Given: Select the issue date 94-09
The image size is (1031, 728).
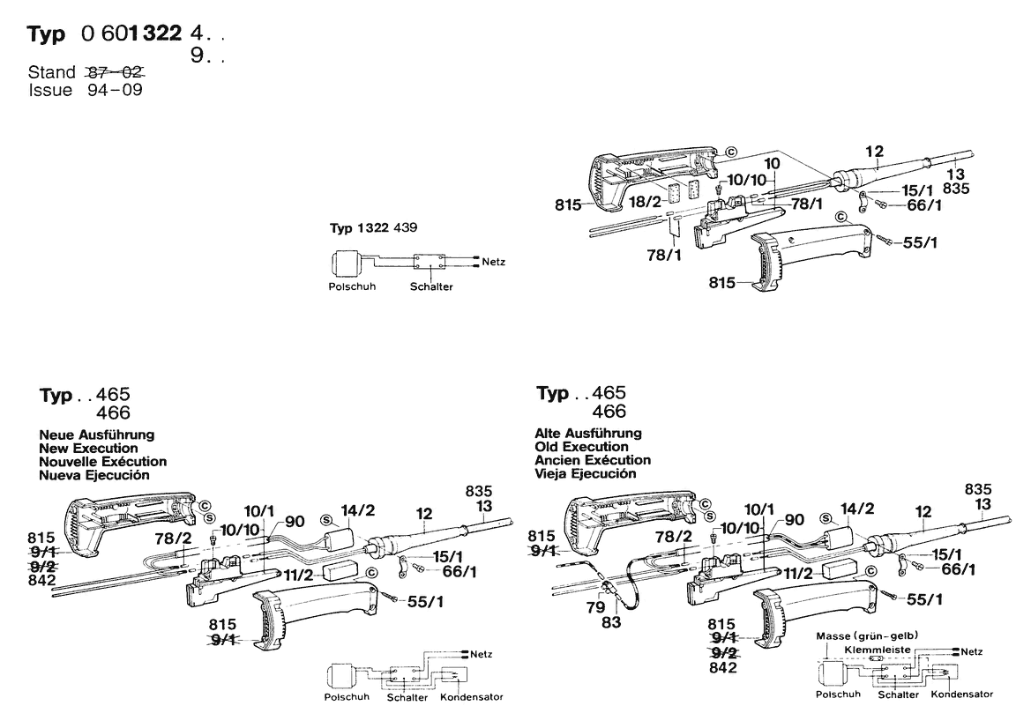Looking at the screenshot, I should tap(115, 90).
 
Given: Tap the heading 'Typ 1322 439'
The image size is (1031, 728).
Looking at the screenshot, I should tap(374, 227).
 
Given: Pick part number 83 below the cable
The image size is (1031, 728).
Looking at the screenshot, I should tap(610, 622).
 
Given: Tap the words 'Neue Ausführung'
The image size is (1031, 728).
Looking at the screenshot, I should tap(97, 435).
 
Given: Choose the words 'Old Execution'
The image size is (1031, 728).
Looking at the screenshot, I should tap(581, 447).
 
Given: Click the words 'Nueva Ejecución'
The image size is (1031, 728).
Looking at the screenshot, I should tap(94, 474).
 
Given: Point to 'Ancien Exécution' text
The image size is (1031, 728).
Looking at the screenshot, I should tap(593, 460).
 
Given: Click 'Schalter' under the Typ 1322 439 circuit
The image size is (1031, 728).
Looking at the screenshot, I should tap(431, 287).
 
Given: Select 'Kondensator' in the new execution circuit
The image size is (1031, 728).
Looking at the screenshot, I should tap(471, 696).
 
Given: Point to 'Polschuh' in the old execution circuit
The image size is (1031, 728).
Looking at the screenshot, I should tap(838, 694).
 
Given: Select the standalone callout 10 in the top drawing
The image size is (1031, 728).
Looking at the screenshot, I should tap(772, 163).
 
